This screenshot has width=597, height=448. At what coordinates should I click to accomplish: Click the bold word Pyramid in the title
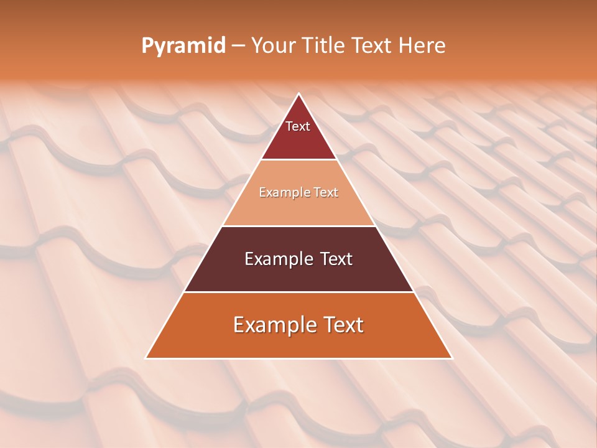pos(183,45)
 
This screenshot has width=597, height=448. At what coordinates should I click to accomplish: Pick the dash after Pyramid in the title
pos(238,46)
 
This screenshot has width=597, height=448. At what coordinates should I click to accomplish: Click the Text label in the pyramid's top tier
pos(298,126)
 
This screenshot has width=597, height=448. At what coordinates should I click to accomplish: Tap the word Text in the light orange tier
pos(325,193)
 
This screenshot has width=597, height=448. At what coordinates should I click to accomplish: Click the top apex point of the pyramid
pos(298,94)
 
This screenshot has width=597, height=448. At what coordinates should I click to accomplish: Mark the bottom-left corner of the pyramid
pos(146,358)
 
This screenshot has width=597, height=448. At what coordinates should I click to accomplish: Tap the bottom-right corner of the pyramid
pos(452,358)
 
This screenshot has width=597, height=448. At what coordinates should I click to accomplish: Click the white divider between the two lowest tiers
pos(298,292)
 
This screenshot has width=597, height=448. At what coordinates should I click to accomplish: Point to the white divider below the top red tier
pos(298,160)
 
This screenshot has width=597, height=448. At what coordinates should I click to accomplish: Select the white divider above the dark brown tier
pos(298,226)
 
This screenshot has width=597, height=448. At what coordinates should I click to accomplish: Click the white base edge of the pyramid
pos(298,358)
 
